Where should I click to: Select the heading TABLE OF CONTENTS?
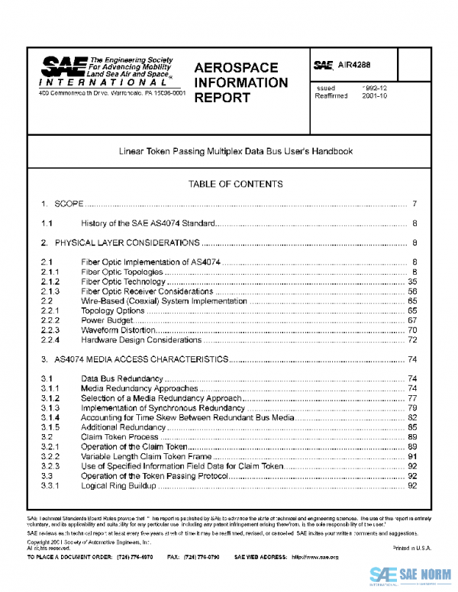235,184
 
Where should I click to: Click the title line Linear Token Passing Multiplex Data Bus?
235,151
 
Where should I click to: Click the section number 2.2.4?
50,340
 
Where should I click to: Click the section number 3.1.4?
50,418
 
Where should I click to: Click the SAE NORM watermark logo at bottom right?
411,574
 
